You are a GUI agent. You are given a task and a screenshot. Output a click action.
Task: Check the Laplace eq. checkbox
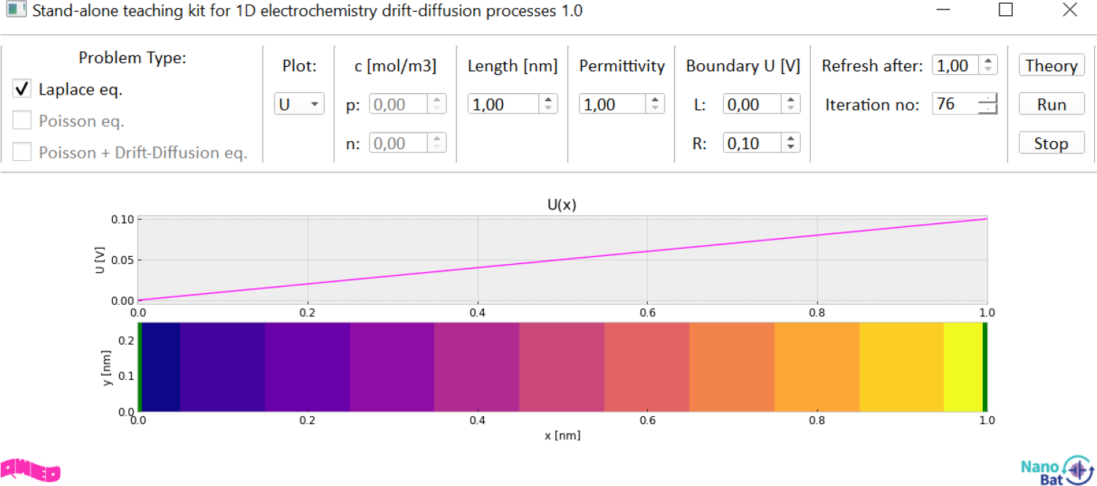point(23,89)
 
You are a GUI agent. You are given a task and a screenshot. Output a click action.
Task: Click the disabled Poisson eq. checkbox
point(23,121)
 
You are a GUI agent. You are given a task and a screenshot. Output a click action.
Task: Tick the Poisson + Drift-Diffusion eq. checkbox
point(23,152)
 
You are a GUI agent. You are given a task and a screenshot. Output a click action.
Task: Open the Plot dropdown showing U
point(298,104)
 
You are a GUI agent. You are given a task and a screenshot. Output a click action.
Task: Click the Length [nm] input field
point(504,104)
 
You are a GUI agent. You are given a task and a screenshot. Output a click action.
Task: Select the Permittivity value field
point(614,104)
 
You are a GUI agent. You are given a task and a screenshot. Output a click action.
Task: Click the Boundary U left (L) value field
point(753,104)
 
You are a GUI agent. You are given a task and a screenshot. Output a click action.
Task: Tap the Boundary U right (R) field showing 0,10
point(753,143)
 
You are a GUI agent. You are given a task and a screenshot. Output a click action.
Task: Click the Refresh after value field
point(956,65)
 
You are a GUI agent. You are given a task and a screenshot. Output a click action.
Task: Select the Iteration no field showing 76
point(954,104)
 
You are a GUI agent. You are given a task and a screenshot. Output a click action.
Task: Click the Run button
point(1051,104)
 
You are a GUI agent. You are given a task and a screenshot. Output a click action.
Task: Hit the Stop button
point(1051,143)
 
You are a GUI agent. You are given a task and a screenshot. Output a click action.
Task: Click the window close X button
point(1069,10)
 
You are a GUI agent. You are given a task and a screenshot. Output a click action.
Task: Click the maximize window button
point(1005,10)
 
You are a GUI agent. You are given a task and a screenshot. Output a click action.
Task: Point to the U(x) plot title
point(562,204)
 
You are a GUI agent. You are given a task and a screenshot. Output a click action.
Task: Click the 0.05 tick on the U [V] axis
point(124,260)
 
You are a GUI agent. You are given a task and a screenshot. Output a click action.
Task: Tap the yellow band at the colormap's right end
point(962,367)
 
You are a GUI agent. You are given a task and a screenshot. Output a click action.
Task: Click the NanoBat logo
point(1056,470)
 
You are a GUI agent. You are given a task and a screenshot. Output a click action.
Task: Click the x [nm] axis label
point(562,436)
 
